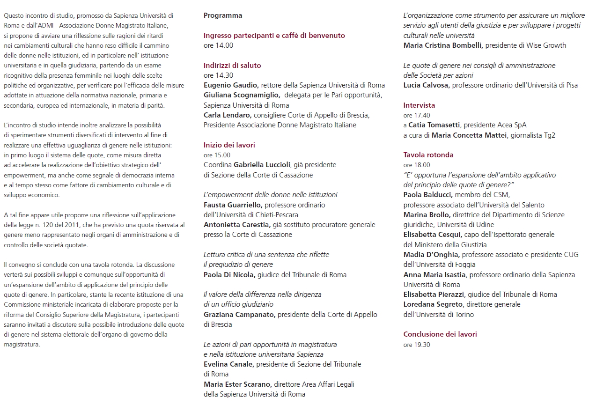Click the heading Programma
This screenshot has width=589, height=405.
(223, 15)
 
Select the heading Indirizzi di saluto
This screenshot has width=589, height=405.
(232, 66)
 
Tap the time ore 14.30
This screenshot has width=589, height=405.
(218, 75)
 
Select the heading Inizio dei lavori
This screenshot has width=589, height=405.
(229, 145)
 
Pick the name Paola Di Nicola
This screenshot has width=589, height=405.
(229, 275)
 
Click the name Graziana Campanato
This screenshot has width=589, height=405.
(239, 315)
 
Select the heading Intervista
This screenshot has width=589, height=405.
(419, 105)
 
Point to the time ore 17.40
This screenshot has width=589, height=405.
(417, 115)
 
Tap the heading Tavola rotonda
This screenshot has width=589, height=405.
(428, 155)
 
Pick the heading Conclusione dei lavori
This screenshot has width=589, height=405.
(440, 334)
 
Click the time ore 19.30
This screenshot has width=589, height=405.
(417, 345)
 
